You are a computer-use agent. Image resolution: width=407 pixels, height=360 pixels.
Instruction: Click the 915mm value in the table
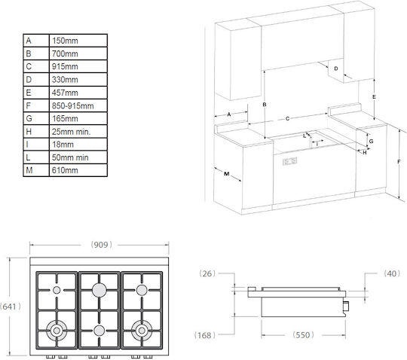(65, 66)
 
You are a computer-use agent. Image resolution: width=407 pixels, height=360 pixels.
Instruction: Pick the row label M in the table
(29, 170)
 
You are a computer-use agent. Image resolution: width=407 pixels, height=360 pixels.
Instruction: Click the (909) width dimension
(101, 245)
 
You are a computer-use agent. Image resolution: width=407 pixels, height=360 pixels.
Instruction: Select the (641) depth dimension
(11, 307)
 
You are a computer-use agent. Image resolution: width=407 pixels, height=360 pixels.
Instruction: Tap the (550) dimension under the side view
(303, 335)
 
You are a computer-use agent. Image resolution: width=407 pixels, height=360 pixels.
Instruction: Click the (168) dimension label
(205, 335)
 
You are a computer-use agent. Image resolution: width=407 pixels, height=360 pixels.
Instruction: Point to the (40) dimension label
(392, 273)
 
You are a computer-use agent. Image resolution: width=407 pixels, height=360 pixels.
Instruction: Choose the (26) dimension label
(207, 273)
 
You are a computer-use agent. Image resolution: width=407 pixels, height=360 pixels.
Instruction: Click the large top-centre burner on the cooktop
(99, 290)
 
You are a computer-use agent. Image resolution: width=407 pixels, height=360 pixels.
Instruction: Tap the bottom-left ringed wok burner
(57, 331)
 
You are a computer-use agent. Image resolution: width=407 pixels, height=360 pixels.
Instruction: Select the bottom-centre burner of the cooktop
(99, 331)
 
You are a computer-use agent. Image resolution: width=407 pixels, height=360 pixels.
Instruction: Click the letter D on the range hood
(336, 69)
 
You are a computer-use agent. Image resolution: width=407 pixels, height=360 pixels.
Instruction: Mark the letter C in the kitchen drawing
(287, 119)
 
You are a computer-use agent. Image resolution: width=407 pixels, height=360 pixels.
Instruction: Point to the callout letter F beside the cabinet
(399, 162)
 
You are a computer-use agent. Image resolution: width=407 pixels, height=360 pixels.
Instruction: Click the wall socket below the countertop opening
(289, 161)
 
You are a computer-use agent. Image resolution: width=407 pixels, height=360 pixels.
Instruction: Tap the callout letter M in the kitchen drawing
(227, 174)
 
